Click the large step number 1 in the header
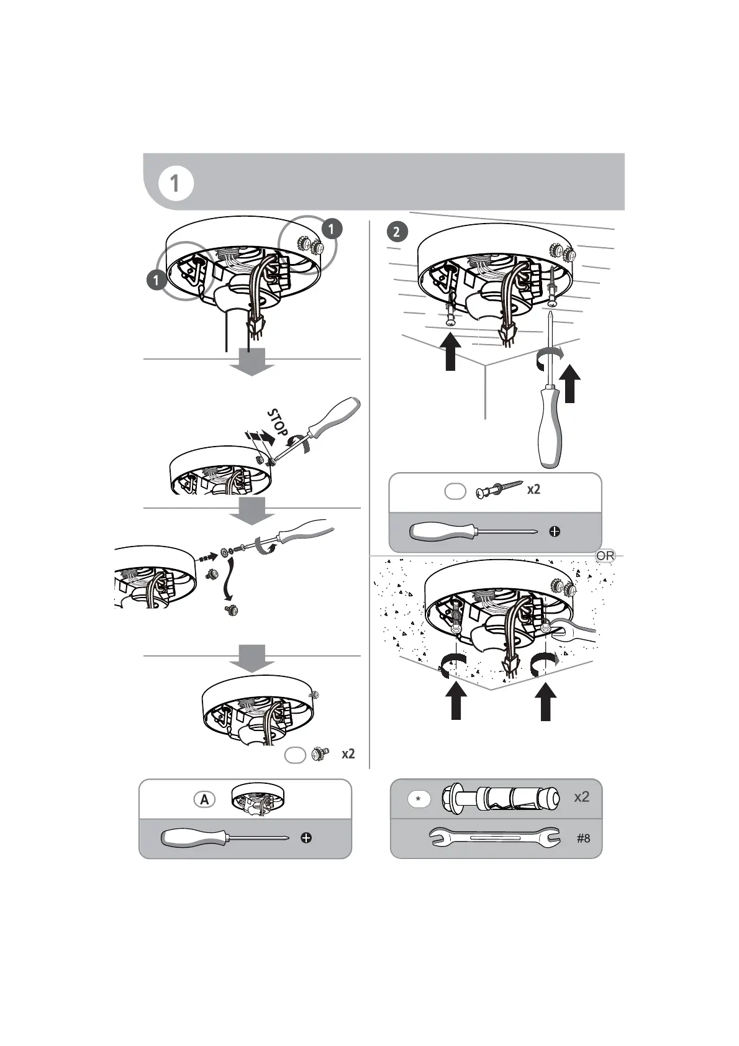(x=175, y=184)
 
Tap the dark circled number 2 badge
(x=397, y=232)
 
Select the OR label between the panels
(x=605, y=556)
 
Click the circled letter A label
(x=204, y=800)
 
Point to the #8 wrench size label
(x=583, y=839)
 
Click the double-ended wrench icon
(x=495, y=839)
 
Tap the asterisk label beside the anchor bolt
(x=419, y=799)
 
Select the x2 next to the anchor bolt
(x=581, y=797)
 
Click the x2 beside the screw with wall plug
(x=533, y=489)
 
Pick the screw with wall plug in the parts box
(x=498, y=490)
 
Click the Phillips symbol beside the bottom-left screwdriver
(x=306, y=838)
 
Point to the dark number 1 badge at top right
(x=332, y=229)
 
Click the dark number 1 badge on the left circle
(x=157, y=280)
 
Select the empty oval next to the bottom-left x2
(x=296, y=755)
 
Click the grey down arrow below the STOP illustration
(x=252, y=509)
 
